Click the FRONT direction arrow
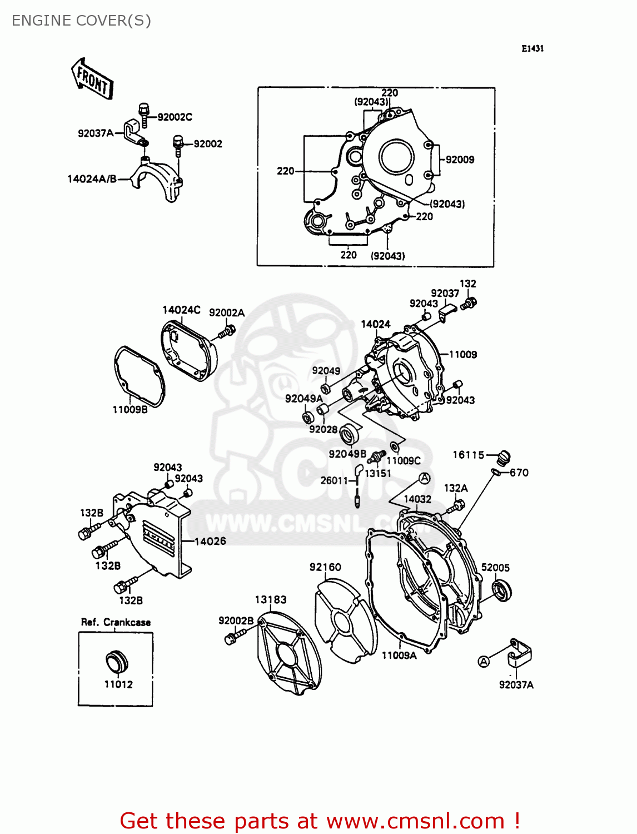[x=92, y=80]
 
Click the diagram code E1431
[x=533, y=48]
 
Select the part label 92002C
[x=175, y=117]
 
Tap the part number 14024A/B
[x=92, y=179]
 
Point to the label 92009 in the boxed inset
[x=460, y=160]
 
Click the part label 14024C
[x=181, y=310]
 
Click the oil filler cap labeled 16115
[x=503, y=458]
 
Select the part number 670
[x=519, y=473]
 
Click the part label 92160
[x=325, y=567]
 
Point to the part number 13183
[x=271, y=599]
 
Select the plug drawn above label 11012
[x=117, y=662]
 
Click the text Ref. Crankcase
[x=116, y=622]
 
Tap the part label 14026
[x=210, y=541]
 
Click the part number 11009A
[x=399, y=656]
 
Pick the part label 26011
[x=334, y=480]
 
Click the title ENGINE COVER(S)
[x=81, y=21]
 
